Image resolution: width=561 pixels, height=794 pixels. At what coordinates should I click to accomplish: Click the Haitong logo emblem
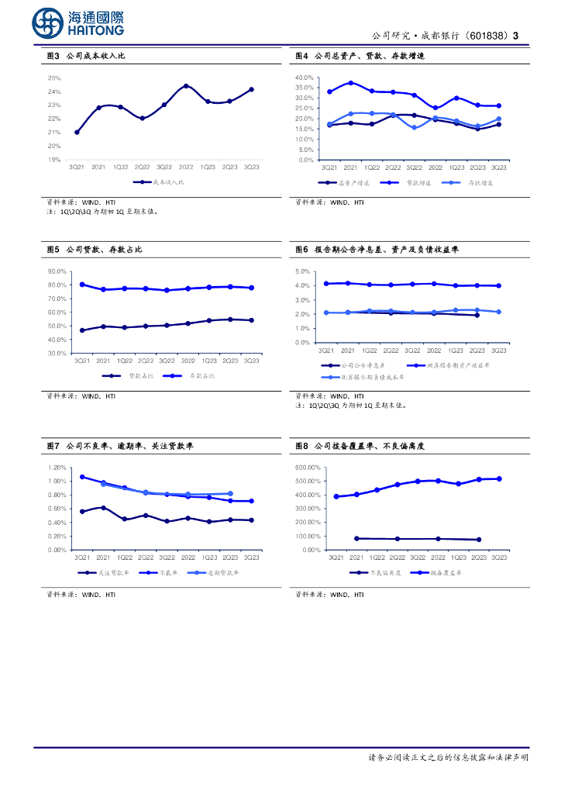click(x=49, y=22)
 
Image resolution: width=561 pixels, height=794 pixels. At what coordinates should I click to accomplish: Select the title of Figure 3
click(x=91, y=57)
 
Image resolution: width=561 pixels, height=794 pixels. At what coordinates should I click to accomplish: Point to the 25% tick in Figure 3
click(x=54, y=78)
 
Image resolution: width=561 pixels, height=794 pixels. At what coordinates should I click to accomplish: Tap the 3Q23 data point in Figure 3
click(x=251, y=89)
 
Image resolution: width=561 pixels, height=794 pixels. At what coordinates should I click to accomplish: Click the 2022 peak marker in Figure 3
click(x=186, y=86)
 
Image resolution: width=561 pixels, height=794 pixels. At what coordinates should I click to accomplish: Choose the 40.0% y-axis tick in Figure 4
click(x=304, y=78)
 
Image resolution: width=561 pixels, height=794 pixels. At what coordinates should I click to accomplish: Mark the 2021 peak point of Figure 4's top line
click(x=351, y=82)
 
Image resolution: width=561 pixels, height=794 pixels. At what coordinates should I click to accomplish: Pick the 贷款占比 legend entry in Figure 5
click(x=139, y=375)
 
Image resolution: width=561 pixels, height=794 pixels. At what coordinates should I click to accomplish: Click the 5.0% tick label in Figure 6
click(x=303, y=271)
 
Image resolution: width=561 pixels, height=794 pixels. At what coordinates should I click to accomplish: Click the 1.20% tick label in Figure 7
click(x=57, y=468)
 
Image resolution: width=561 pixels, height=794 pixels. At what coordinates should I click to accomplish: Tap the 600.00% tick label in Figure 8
click(x=308, y=468)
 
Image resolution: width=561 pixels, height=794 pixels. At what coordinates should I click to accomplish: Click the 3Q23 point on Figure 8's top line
click(x=498, y=478)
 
